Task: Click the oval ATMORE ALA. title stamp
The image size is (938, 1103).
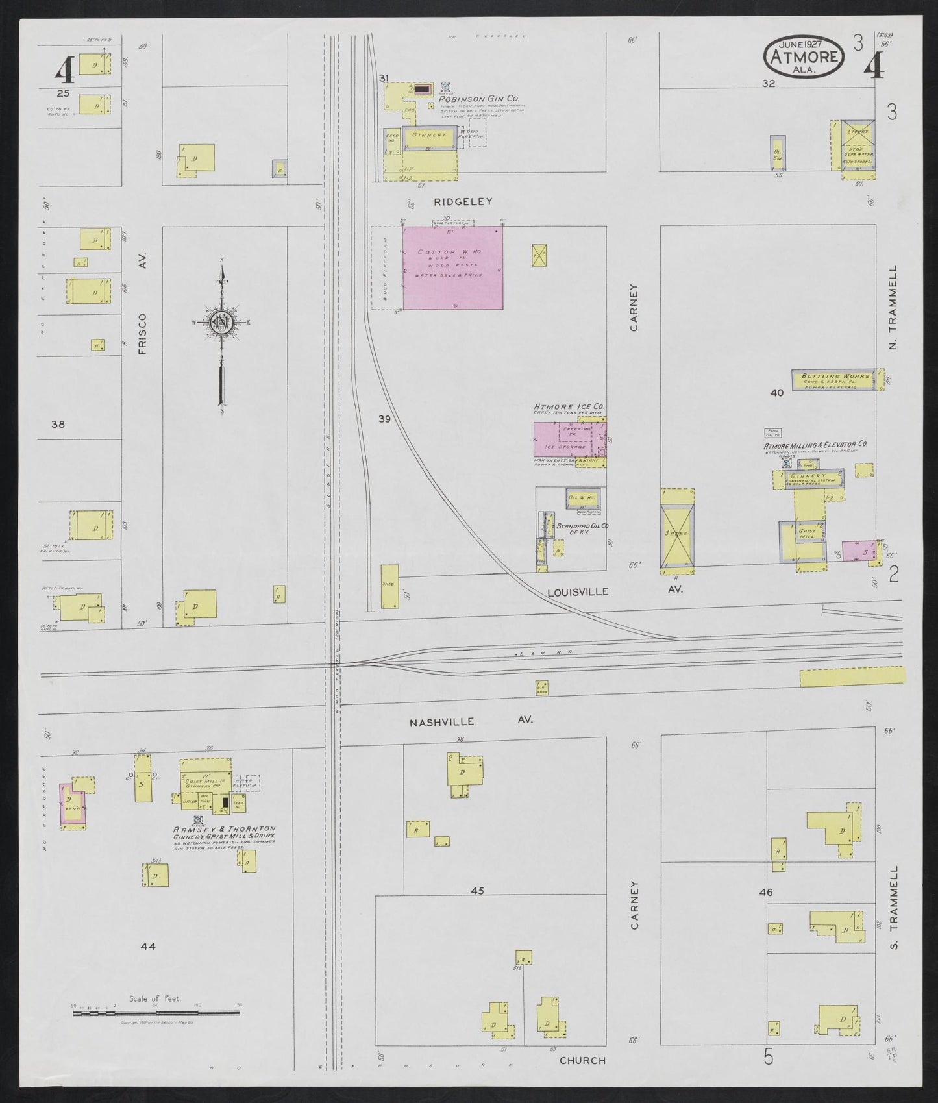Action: tap(804, 57)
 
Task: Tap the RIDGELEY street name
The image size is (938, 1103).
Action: tap(463, 202)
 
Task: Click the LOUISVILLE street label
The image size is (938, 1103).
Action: tap(577, 591)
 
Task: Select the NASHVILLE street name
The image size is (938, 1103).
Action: tap(441, 721)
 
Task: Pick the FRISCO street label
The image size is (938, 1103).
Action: tap(143, 334)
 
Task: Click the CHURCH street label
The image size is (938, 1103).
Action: tap(582, 1060)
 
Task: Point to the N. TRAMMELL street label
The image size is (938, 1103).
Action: tap(893, 308)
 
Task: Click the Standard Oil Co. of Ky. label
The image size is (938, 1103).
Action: tap(581, 528)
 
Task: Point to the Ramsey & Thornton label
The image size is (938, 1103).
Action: tap(224, 830)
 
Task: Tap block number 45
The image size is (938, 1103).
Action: tap(477, 891)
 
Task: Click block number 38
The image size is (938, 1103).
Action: tap(58, 425)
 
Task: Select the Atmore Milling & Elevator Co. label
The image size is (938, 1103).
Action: tap(815, 445)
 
